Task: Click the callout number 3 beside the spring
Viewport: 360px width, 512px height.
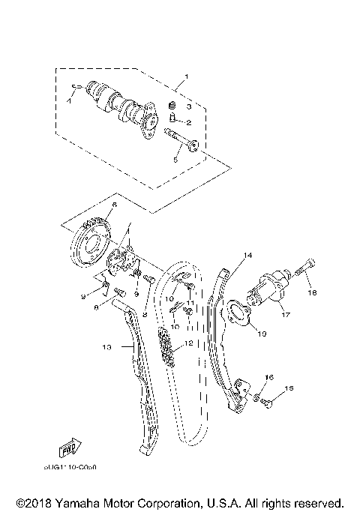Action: [x=189, y=106]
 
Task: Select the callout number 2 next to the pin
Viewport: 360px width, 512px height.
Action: [x=189, y=122]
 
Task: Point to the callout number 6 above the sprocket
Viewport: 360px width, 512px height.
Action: [x=114, y=204]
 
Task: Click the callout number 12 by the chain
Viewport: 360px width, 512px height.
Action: [x=189, y=343]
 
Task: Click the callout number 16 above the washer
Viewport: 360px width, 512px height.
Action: [x=269, y=376]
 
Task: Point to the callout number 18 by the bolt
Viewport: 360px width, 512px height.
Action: [x=314, y=293]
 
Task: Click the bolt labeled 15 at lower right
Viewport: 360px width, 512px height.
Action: [x=270, y=403]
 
